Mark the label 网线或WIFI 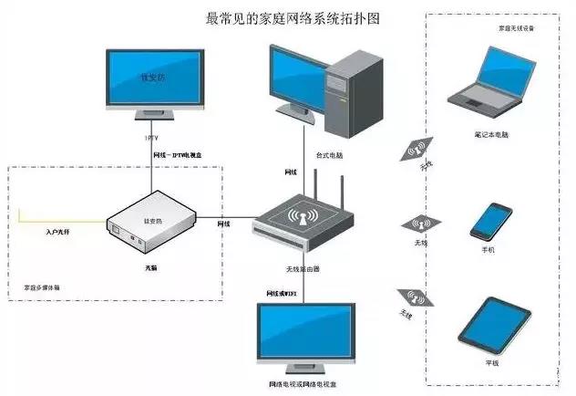pyautogui.click(x=283, y=292)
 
